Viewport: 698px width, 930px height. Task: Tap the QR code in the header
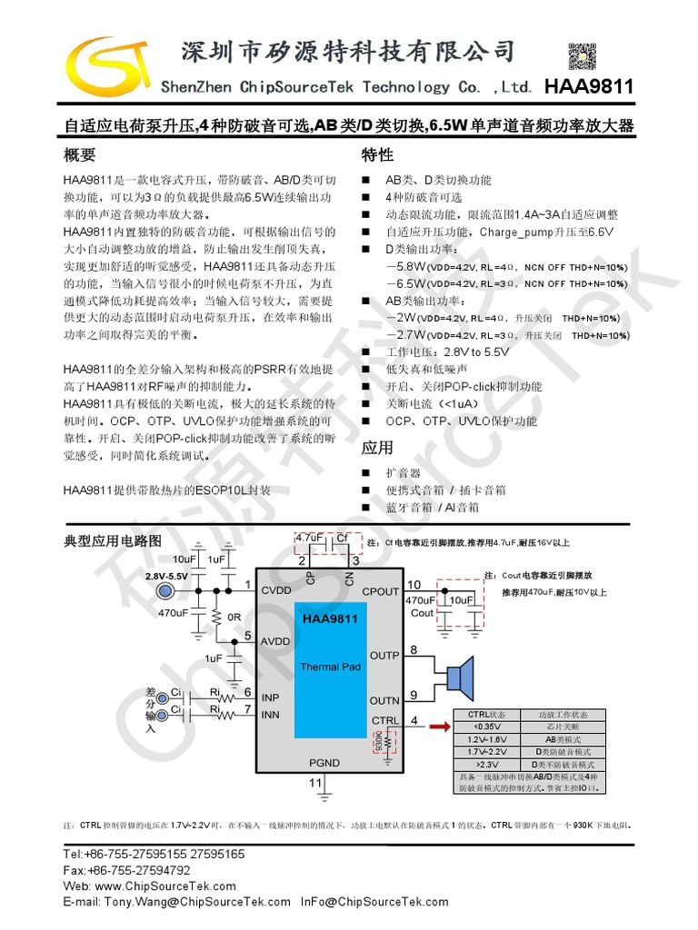(x=583, y=56)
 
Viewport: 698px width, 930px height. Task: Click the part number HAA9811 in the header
(x=588, y=87)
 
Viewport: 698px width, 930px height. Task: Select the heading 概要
(x=79, y=154)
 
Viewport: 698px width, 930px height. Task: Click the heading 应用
(x=377, y=448)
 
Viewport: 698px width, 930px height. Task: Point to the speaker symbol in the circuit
(x=460, y=676)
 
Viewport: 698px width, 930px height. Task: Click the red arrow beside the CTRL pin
(x=441, y=727)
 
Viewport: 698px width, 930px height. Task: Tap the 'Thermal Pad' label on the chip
(x=331, y=667)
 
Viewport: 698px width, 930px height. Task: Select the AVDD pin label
(x=275, y=641)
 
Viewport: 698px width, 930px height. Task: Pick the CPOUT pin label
(x=381, y=591)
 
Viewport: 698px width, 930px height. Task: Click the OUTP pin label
(x=384, y=655)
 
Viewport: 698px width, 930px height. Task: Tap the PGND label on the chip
(x=324, y=763)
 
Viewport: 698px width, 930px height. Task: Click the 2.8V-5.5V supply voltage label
(x=166, y=577)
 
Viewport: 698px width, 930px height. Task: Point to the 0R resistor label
(x=234, y=617)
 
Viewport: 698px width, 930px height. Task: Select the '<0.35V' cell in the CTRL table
(x=486, y=727)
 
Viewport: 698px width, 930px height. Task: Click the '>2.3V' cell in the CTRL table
(x=486, y=765)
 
